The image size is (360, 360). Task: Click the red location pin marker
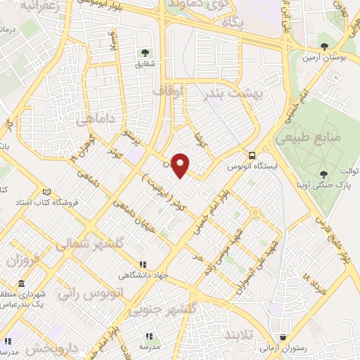point(181,165)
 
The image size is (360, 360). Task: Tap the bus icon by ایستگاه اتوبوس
point(251,156)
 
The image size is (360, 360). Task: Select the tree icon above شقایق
point(146,53)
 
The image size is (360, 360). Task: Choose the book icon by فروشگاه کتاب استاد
point(47,191)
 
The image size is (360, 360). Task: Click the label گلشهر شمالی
point(80,244)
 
